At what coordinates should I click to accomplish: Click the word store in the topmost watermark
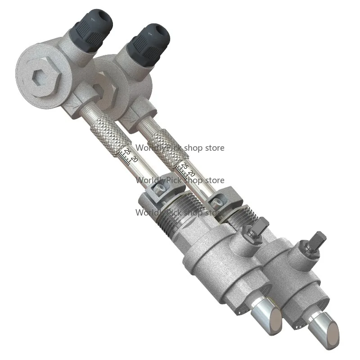point(214,148)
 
